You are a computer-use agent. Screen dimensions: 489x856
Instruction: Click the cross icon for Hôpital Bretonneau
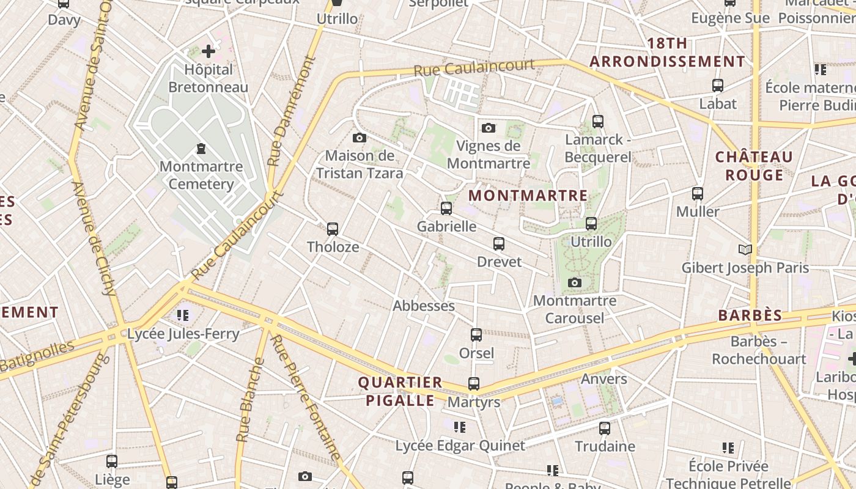(x=208, y=51)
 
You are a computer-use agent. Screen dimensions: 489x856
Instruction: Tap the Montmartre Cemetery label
(x=201, y=175)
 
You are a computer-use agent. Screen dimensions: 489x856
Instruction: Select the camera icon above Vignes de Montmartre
(x=488, y=128)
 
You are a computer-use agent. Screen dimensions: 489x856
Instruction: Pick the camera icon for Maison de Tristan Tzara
(x=360, y=138)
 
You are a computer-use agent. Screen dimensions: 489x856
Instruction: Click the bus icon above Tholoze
(x=333, y=229)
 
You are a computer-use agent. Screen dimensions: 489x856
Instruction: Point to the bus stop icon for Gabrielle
(x=446, y=208)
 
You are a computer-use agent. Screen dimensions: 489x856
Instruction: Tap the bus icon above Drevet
(x=499, y=244)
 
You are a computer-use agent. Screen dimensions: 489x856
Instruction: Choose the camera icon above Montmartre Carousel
(x=574, y=282)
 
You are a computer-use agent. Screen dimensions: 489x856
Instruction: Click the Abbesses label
(x=424, y=306)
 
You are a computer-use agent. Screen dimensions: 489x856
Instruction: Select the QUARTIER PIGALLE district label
(x=400, y=392)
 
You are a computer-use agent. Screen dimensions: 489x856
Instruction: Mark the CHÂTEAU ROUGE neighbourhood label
(x=754, y=166)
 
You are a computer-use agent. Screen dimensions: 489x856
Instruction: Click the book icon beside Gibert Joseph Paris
(x=745, y=249)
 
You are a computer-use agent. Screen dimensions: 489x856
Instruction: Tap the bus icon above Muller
(x=698, y=194)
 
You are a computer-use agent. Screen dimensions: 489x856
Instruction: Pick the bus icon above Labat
(x=718, y=86)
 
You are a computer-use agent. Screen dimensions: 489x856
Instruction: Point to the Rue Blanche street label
(x=251, y=400)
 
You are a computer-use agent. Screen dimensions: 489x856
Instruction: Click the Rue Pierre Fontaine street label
(x=305, y=397)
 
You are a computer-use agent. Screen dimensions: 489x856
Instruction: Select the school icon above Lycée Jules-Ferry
(x=183, y=315)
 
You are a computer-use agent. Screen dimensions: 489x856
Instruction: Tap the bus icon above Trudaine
(x=605, y=428)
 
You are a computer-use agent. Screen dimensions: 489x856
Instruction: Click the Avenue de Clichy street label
(x=94, y=238)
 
